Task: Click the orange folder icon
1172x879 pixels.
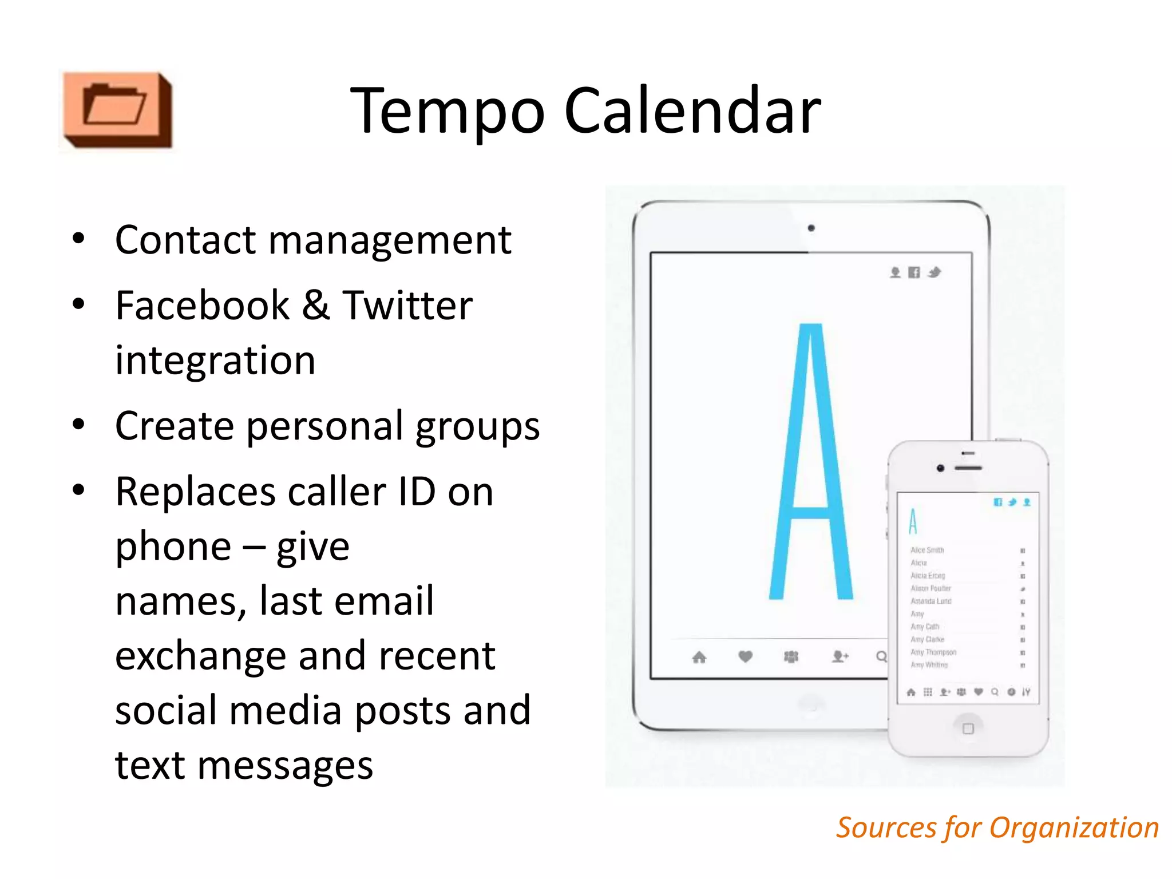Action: (117, 109)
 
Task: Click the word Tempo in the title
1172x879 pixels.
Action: (447, 111)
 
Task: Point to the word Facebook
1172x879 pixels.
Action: (202, 306)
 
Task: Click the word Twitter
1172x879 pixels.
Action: (407, 306)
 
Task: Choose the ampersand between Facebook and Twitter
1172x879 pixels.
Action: (315, 306)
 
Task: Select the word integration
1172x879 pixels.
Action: (215, 361)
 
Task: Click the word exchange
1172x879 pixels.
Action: (200, 656)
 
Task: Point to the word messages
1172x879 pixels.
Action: (285, 766)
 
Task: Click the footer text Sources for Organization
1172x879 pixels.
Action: (997, 828)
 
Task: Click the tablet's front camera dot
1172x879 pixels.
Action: (811, 228)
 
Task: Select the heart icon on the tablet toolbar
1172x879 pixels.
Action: (745, 656)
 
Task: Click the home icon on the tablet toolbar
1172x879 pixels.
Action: (699, 657)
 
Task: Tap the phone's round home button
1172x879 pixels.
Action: (968, 728)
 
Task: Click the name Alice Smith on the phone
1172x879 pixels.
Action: (927, 550)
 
